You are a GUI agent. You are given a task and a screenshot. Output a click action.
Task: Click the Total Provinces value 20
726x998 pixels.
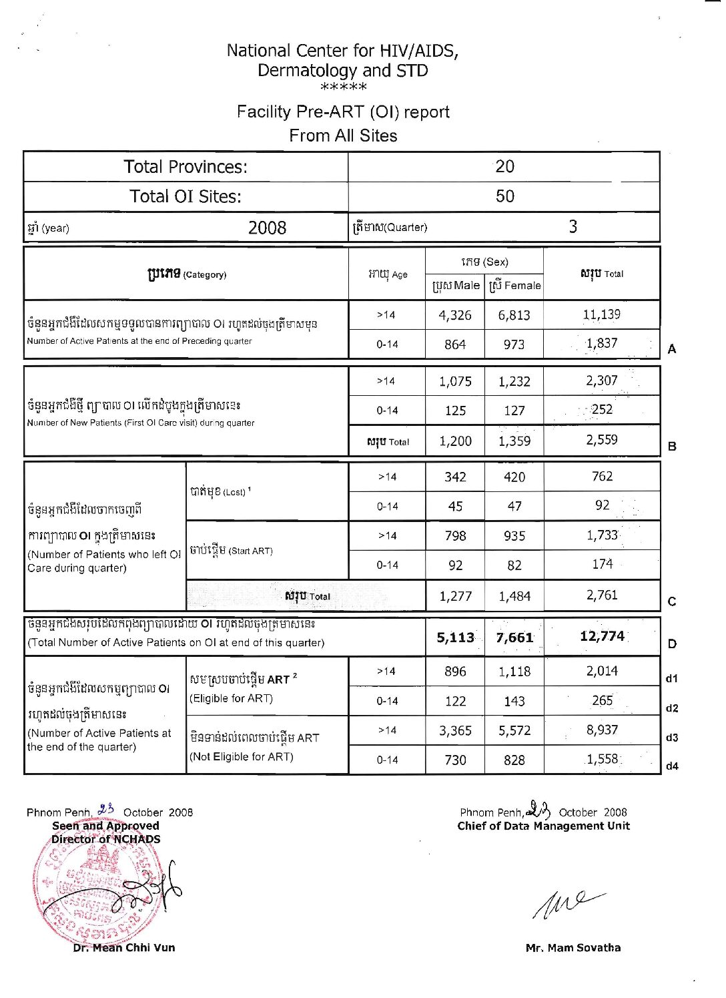pyautogui.click(x=504, y=166)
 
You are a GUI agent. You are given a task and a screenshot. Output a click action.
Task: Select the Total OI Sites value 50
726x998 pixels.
pyautogui.click(x=504, y=196)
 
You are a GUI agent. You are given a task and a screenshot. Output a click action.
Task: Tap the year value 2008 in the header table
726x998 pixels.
pyautogui.click(x=267, y=228)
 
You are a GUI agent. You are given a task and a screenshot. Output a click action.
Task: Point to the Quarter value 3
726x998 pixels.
pyautogui.click(x=573, y=226)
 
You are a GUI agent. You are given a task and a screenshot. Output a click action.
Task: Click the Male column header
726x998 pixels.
pyautogui.click(x=456, y=286)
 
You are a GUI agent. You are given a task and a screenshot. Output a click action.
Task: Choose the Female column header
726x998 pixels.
pyautogui.click(x=514, y=286)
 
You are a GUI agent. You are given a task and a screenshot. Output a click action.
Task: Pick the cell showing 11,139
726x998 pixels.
pyautogui.click(x=601, y=314)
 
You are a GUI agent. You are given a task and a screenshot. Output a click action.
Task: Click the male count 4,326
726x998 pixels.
pyautogui.click(x=455, y=315)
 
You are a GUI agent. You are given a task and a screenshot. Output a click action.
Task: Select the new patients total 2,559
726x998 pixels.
pyautogui.click(x=601, y=440)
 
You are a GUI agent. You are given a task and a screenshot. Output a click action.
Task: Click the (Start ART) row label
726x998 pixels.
pyautogui.click(x=231, y=551)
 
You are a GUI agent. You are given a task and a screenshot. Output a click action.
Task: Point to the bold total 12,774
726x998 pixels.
pyautogui.click(x=602, y=636)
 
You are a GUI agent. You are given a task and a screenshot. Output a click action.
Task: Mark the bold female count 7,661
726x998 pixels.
pyautogui.click(x=514, y=638)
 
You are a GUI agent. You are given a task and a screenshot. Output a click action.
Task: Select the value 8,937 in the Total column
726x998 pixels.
pyautogui.click(x=602, y=730)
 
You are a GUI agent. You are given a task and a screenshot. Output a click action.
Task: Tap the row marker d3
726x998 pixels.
pyautogui.click(x=672, y=738)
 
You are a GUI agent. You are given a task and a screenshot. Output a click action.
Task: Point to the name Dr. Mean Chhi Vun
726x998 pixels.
pyautogui.click(x=124, y=947)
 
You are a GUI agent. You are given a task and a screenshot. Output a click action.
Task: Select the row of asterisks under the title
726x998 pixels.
pyautogui.click(x=343, y=87)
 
